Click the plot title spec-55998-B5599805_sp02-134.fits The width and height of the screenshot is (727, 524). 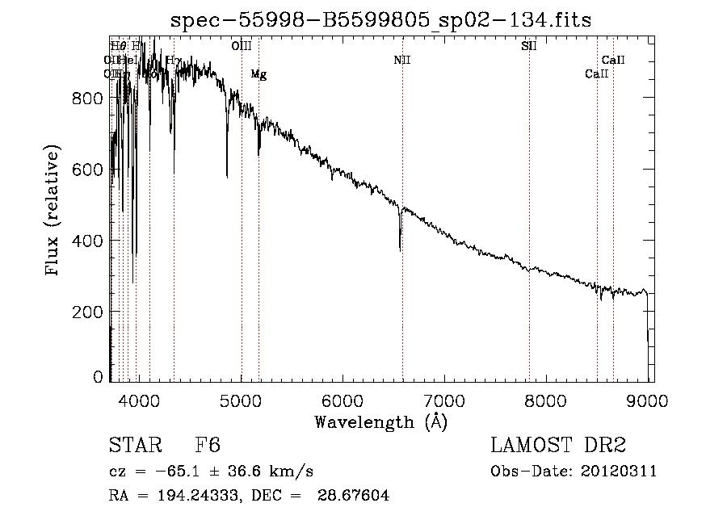pyautogui.click(x=380, y=21)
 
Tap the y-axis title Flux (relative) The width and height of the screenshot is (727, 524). pyautogui.click(x=53, y=211)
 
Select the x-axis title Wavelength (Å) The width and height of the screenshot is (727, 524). pyautogui.click(x=380, y=421)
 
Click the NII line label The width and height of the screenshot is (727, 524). pyautogui.click(x=402, y=61)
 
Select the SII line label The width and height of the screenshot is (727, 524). pyautogui.click(x=529, y=46)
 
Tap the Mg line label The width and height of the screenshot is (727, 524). pyautogui.click(x=258, y=75)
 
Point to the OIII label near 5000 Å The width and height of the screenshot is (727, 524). pyautogui.click(x=242, y=46)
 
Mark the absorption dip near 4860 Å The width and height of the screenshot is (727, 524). pyautogui.click(x=227, y=174)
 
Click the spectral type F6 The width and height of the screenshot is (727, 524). pyautogui.click(x=208, y=446)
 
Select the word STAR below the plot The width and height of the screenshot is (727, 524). pyautogui.click(x=135, y=446)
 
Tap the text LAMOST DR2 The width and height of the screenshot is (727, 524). pyautogui.click(x=557, y=446)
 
